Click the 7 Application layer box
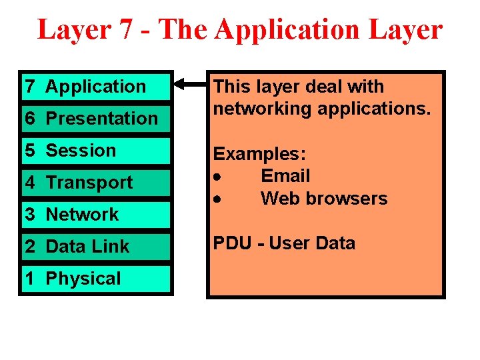(x=96, y=86)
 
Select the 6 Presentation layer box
(x=96, y=118)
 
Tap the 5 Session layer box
(x=96, y=150)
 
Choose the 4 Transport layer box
(x=96, y=182)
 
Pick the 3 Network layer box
(x=96, y=214)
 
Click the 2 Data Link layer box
(x=96, y=246)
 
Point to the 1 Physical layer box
(x=96, y=278)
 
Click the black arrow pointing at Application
(x=191, y=85)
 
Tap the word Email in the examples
(x=285, y=176)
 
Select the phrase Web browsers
(x=324, y=199)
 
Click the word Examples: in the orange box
(x=259, y=154)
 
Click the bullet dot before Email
(x=217, y=177)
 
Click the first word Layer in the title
(x=72, y=30)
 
